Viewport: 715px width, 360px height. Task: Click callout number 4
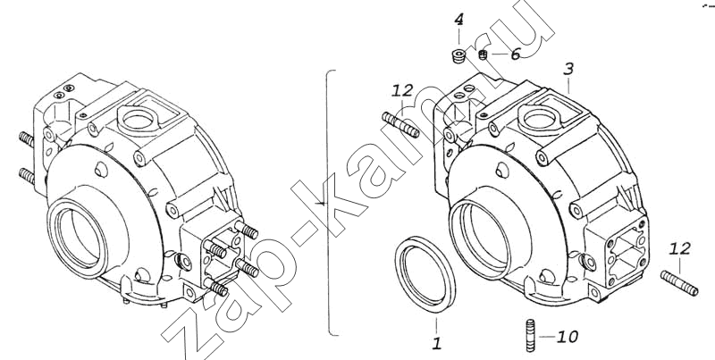click(458, 21)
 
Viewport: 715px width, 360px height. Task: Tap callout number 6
click(516, 54)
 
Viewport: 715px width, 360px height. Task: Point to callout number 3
click(568, 70)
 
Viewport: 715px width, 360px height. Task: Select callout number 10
click(568, 337)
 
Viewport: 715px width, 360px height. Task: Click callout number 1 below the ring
click(437, 344)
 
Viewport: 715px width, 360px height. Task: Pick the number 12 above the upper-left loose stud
click(402, 90)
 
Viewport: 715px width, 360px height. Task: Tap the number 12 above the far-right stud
click(680, 249)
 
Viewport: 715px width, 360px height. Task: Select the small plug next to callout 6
click(484, 55)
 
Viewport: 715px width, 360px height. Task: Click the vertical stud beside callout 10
click(530, 335)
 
